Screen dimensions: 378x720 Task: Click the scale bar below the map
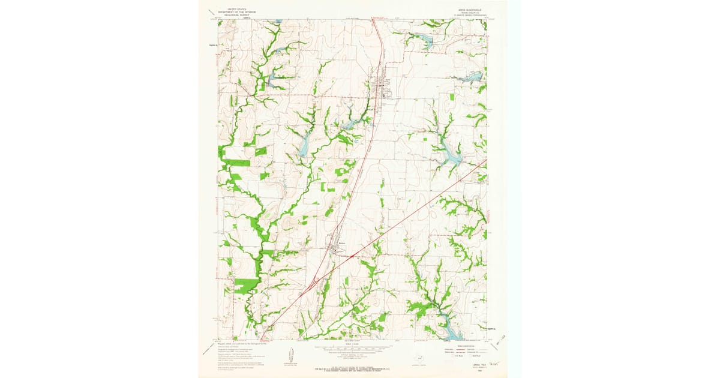point(352,348)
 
